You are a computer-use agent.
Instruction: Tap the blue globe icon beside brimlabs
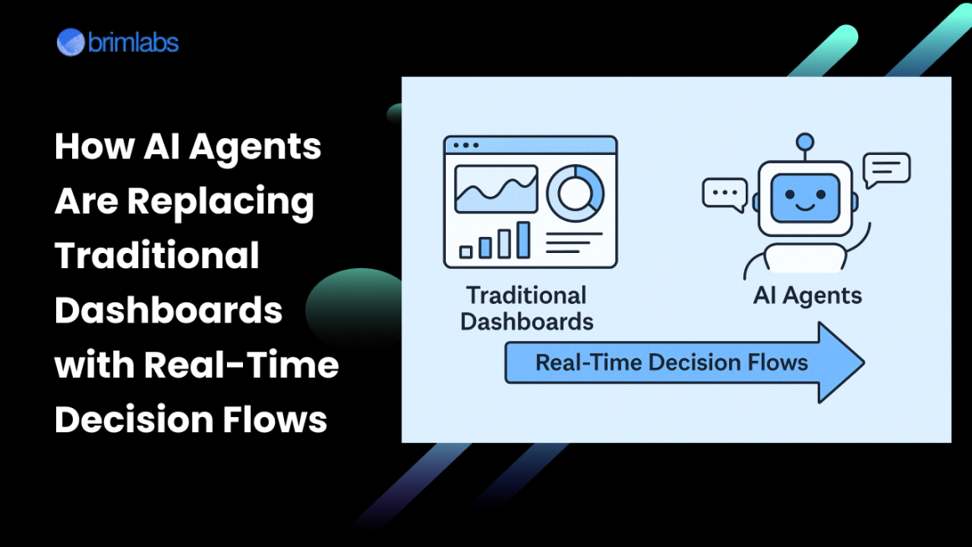pos(71,42)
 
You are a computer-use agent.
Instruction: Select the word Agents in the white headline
pos(255,147)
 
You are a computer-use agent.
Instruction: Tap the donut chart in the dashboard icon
pos(575,191)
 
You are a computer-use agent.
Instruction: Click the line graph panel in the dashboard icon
pos(496,189)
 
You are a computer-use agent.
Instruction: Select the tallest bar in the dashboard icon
pos(524,240)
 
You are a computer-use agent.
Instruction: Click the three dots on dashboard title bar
pos(465,145)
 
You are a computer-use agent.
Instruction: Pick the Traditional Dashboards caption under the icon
pos(527,308)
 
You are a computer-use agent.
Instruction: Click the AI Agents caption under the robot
pos(807,296)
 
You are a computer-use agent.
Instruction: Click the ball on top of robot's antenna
pos(805,142)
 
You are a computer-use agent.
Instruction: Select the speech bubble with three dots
pos(724,194)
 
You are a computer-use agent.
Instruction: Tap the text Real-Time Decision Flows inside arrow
pos(671,363)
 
